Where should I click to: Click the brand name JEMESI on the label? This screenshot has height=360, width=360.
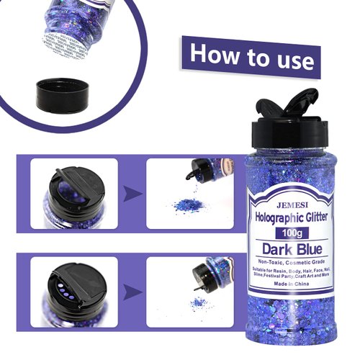(x=286, y=204)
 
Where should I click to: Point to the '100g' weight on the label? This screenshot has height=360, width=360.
(x=286, y=234)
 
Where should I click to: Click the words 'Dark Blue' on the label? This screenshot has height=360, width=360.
(x=286, y=251)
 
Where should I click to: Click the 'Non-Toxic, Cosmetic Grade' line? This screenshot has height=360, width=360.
(x=286, y=264)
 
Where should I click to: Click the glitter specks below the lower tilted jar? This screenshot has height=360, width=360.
(x=196, y=301)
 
